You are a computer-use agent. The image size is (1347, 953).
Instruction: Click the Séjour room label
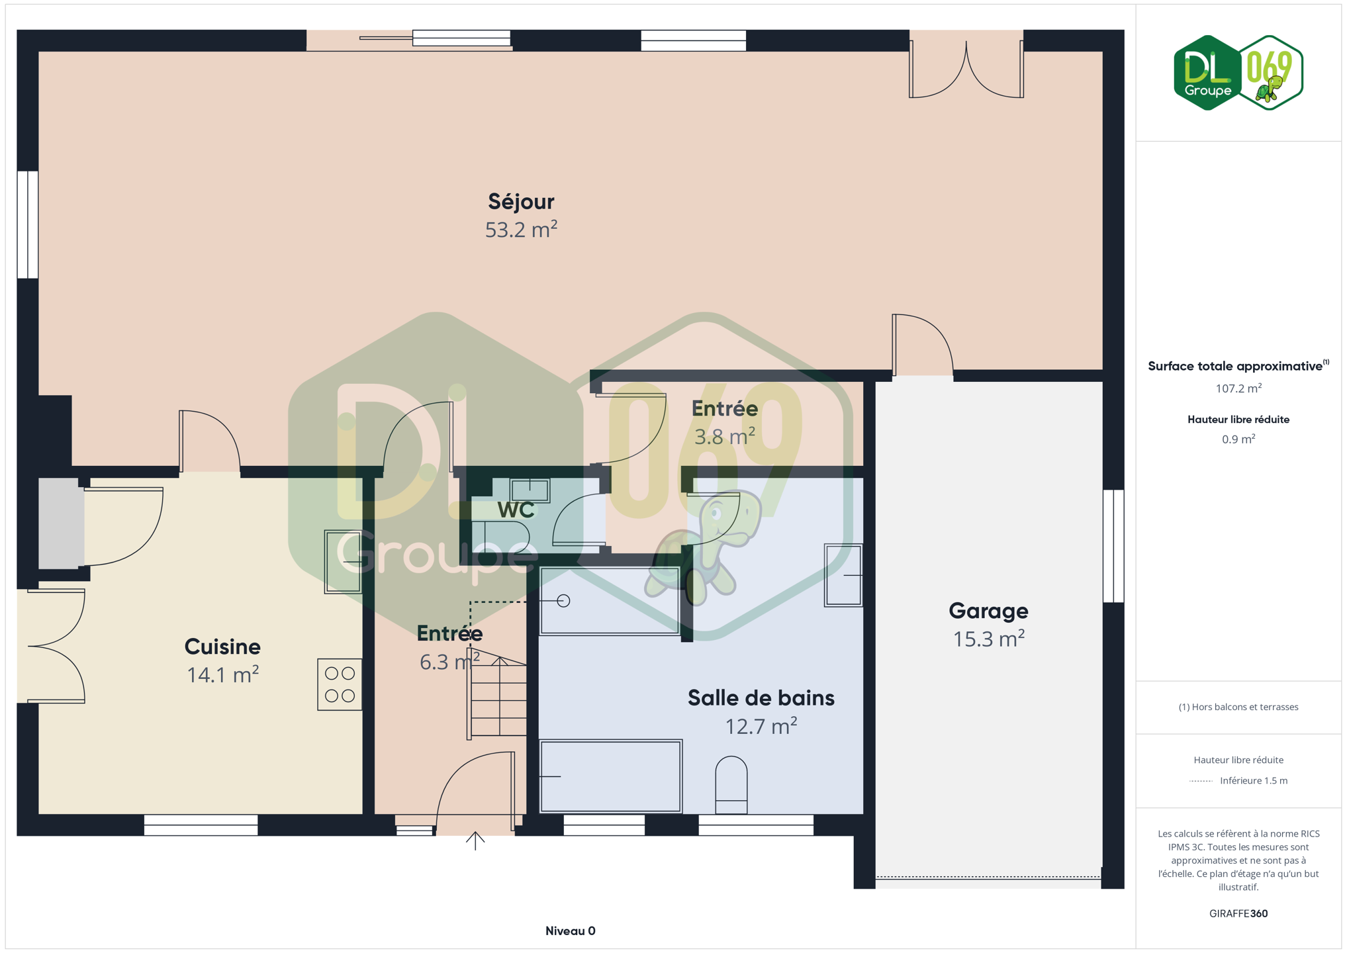(521, 202)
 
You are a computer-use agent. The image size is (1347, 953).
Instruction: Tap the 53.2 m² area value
(521, 230)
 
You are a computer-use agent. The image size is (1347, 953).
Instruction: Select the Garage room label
(988, 611)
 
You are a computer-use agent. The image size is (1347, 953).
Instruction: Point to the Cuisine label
(222, 647)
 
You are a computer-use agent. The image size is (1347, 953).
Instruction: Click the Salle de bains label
(761, 698)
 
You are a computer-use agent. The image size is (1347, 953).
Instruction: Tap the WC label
(516, 510)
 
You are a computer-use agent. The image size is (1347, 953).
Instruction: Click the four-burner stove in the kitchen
(340, 684)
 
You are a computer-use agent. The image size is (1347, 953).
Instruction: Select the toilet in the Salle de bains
(731, 785)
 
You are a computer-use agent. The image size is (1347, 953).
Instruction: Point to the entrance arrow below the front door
(475, 840)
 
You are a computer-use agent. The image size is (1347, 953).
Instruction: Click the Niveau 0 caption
(571, 931)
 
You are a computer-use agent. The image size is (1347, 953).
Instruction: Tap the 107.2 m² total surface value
(1238, 388)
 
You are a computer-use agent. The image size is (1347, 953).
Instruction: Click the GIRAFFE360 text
(1238, 914)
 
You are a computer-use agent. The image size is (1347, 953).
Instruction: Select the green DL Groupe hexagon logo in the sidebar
(1207, 73)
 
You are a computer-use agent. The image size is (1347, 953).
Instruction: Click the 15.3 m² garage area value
(988, 639)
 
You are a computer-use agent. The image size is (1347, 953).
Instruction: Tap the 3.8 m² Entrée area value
(725, 437)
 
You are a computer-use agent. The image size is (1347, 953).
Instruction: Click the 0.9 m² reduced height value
(1238, 439)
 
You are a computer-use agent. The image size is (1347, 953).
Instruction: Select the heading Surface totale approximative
(1235, 366)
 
